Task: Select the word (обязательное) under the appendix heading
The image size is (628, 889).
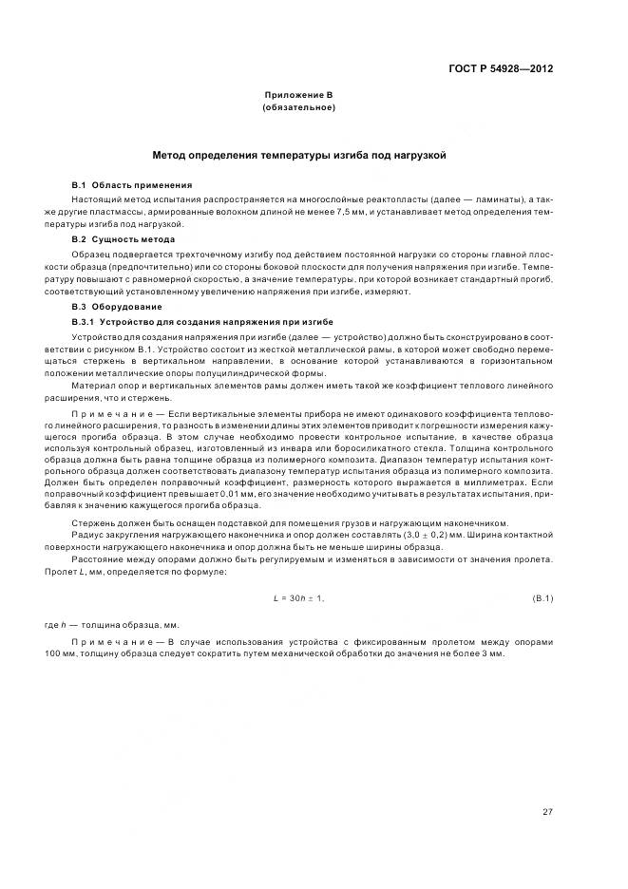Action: tap(298, 108)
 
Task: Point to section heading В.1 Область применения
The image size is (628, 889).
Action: tap(132, 184)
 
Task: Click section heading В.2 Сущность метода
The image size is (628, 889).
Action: tap(128, 240)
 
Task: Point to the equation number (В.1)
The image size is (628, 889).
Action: tap(542, 598)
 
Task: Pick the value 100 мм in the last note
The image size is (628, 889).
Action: tap(86, 655)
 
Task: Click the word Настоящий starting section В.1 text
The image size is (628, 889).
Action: tap(97, 199)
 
